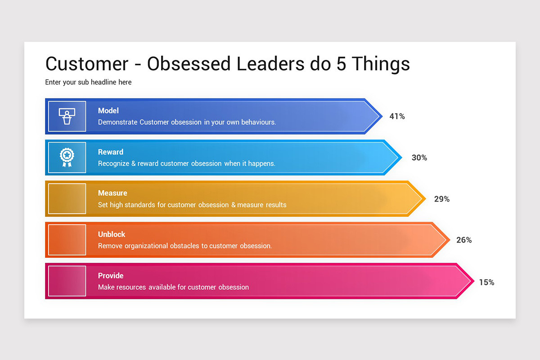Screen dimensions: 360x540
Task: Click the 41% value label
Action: (x=397, y=117)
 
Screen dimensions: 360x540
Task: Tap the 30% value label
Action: (x=419, y=158)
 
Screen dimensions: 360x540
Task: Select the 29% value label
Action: (x=441, y=199)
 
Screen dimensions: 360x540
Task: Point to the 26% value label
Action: (x=464, y=240)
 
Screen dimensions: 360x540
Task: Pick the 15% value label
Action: (x=486, y=283)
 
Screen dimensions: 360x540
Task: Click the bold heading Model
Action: (x=108, y=111)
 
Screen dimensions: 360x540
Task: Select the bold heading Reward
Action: (x=111, y=152)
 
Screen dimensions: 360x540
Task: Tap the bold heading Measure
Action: (x=112, y=193)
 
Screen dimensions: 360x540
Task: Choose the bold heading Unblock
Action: (x=112, y=234)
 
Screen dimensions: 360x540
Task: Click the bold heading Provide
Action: (x=111, y=276)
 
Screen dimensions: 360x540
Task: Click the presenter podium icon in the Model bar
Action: (x=67, y=117)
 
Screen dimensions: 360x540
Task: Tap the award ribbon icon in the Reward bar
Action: (x=67, y=157)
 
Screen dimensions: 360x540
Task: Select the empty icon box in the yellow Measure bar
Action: (x=67, y=198)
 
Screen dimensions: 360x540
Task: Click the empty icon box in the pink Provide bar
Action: (x=67, y=281)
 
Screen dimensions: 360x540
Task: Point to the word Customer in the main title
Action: (x=87, y=64)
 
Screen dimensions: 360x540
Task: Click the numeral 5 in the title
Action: (x=341, y=64)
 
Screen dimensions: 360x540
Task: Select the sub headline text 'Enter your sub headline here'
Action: (x=88, y=82)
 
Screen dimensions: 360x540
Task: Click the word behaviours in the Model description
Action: (x=258, y=122)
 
